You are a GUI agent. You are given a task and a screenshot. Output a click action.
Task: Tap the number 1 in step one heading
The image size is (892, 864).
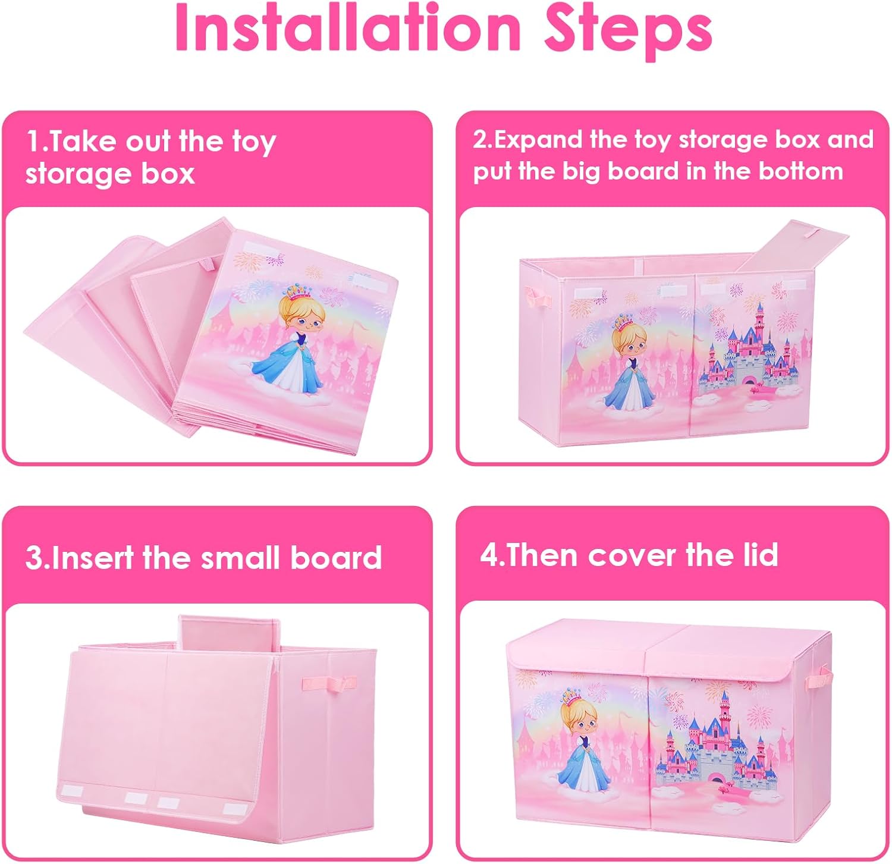tap(34, 142)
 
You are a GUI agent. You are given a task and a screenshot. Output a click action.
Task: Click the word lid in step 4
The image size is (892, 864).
tap(761, 554)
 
